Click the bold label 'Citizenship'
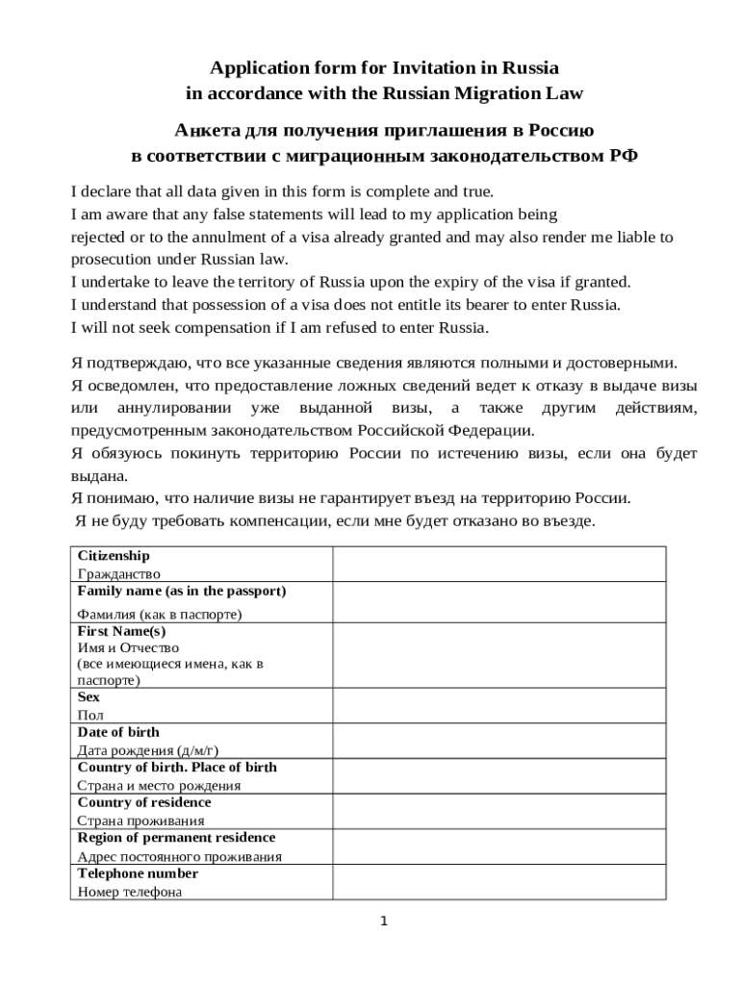(114, 556)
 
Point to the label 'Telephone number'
(138, 873)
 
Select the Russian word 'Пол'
(89, 715)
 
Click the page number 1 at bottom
(383, 922)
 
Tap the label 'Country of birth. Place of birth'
(176, 768)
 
